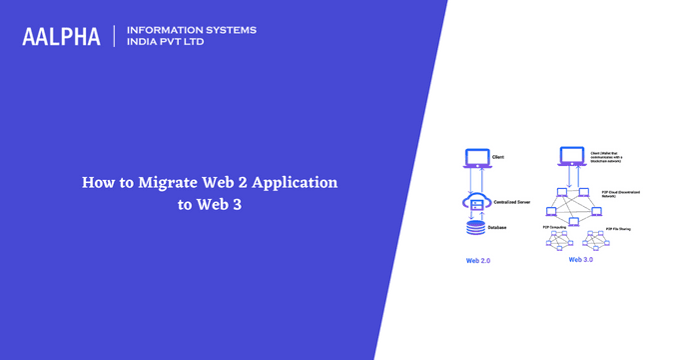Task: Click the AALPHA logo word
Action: (62, 37)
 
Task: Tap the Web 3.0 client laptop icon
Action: (571, 157)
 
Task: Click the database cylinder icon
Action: (477, 229)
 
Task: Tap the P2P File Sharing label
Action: (620, 227)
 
